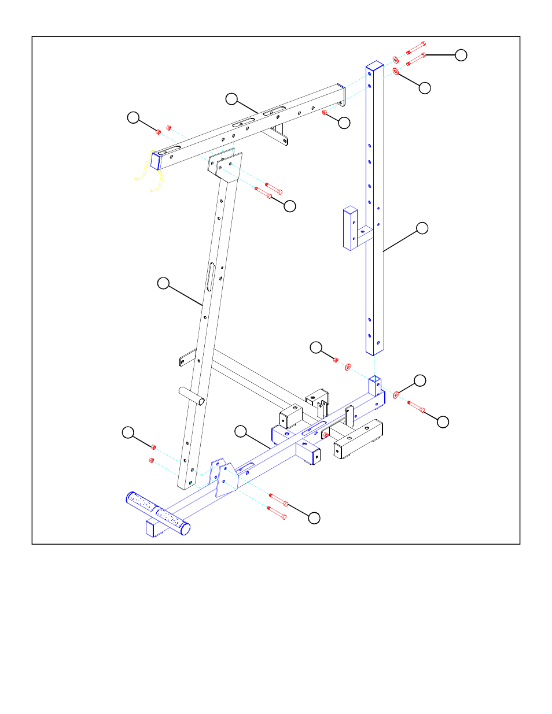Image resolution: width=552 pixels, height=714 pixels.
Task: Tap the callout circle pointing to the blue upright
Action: tap(422, 228)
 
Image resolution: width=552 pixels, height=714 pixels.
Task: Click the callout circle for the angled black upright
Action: tap(164, 283)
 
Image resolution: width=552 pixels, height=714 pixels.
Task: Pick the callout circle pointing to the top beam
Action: tap(231, 99)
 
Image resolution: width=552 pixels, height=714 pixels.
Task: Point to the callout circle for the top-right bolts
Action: tap(461, 55)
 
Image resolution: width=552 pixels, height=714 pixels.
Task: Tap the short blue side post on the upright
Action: tap(350, 229)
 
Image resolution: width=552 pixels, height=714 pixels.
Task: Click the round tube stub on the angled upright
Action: tap(191, 396)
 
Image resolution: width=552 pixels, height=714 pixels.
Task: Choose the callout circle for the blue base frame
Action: tap(241, 431)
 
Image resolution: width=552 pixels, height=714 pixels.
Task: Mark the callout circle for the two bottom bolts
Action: tap(314, 518)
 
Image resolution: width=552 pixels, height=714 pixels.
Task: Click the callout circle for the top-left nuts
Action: tap(133, 117)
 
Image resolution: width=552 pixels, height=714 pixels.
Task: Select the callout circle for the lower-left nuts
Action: tap(128, 432)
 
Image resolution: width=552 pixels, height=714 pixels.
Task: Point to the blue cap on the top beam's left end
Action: tap(156, 160)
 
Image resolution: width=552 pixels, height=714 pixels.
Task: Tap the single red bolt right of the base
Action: tap(415, 406)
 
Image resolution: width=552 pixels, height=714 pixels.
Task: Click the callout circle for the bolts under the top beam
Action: tap(290, 206)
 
